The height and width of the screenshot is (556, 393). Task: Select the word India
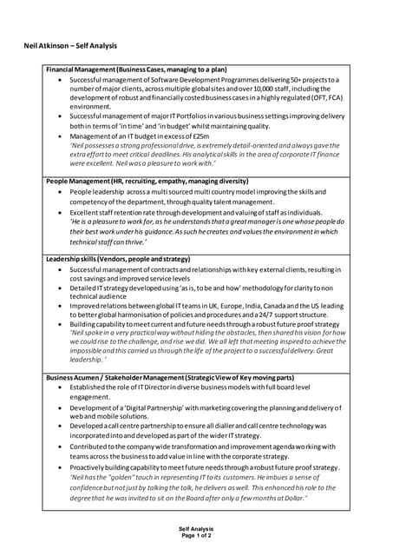(251, 306)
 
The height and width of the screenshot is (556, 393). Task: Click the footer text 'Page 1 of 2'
(195, 534)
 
